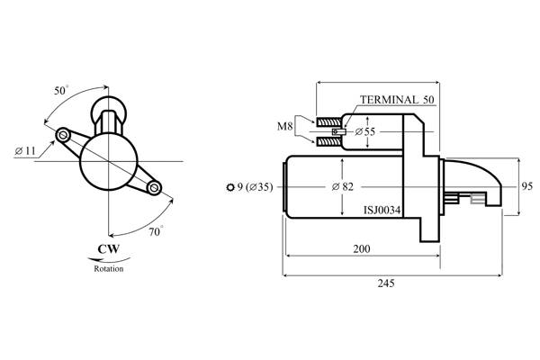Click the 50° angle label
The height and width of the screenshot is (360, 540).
61,91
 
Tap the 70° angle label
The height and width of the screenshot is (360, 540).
156,231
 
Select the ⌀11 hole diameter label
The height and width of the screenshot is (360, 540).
25,151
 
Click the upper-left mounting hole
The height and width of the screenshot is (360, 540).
63,135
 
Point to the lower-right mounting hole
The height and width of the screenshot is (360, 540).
154,188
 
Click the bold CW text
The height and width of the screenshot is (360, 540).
109,248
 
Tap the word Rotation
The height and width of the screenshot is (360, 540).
109,268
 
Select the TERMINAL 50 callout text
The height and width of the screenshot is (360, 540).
397,100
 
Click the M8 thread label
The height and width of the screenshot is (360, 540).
284,126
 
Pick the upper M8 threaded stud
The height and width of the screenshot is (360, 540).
328,122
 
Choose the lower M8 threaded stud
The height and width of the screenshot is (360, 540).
328,141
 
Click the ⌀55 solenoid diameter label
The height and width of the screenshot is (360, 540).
365,131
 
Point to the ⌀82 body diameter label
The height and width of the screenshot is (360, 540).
343,186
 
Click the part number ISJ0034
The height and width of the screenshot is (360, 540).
382,210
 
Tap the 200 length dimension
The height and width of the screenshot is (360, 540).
362,248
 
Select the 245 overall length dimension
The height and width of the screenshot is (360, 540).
386,283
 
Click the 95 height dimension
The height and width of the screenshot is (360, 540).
526,186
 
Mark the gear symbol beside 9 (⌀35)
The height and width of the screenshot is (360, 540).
230,187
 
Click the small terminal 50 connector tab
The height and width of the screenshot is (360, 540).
338,131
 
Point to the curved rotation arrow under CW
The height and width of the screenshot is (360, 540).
109,260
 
